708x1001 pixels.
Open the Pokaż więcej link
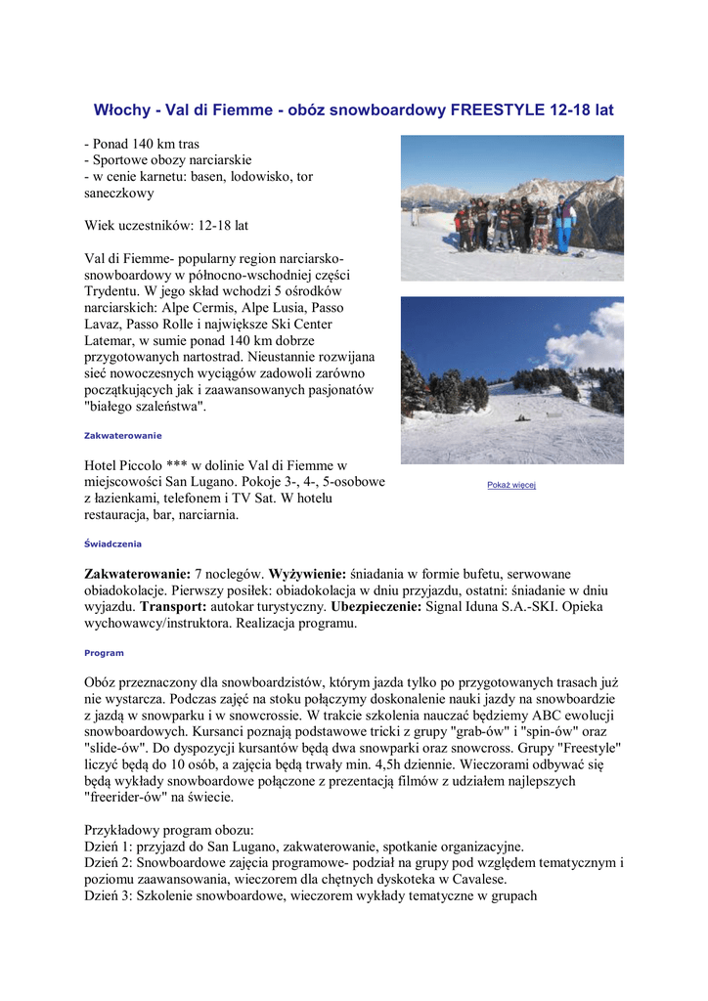click(511, 485)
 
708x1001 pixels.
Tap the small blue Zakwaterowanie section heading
click(122, 435)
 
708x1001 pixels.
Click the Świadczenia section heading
click(112, 544)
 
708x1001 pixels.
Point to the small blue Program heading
click(104, 652)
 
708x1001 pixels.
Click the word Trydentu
click(114, 292)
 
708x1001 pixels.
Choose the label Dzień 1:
click(109, 848)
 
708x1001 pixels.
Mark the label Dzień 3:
click(109, 895)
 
